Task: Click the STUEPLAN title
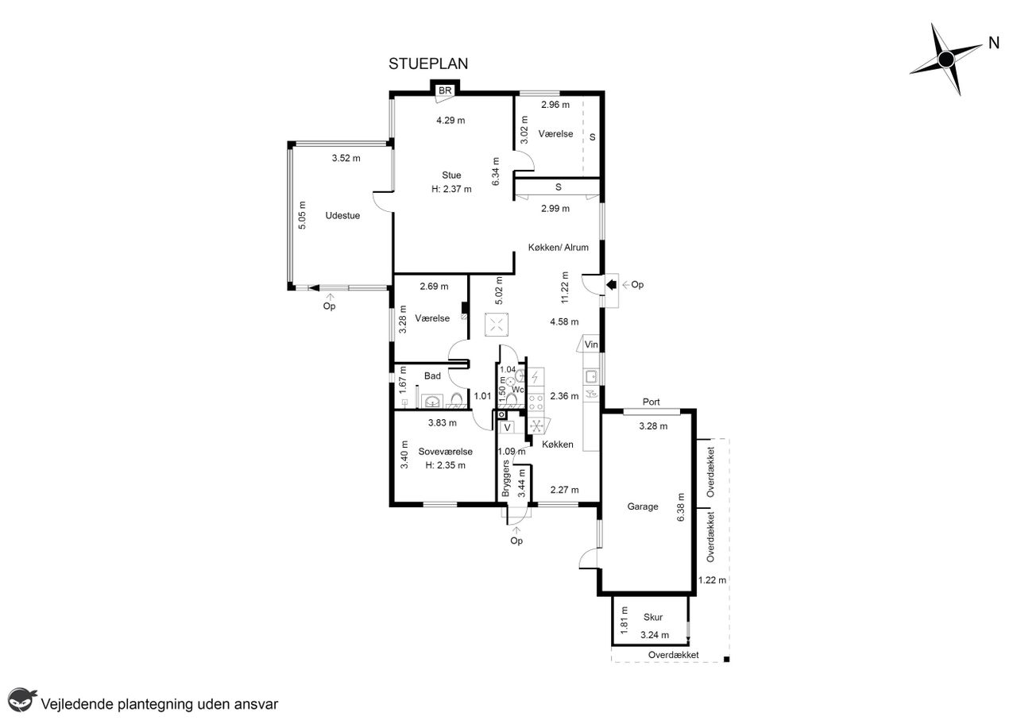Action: pos(428,64)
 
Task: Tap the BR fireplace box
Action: pos(445,90)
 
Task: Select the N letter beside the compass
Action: pos(994,43)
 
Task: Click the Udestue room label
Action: pos(342,215)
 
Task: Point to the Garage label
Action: pos(643,506)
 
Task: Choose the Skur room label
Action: pos(653,617)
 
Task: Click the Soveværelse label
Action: pos(446,452)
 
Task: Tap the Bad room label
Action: pos(432,375)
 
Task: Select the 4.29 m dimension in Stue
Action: pos(450,120)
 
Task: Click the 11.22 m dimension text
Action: pos(565,287)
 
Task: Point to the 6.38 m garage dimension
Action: pos(681,507)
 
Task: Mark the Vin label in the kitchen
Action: pos(591,345)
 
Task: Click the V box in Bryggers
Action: pos(507,427)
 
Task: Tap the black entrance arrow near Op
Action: pos(611,284)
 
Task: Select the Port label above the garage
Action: pos(651,402)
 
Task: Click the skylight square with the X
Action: pos(497,325)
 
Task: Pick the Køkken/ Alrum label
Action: pos(559,247)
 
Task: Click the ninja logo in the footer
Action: pos(21,699)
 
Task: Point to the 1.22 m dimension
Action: pos(712,579)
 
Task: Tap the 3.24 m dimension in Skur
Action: pos(655,635)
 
